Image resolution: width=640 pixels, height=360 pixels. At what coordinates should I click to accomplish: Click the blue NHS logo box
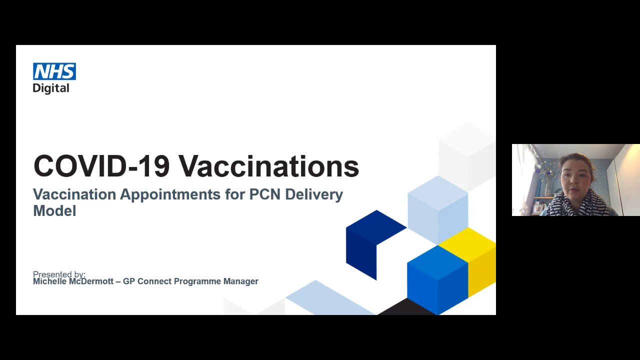pos(54,71)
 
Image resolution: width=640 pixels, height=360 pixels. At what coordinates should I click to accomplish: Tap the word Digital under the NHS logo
pos(50,88)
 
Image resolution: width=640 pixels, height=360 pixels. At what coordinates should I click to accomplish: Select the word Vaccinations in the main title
pos(268,166)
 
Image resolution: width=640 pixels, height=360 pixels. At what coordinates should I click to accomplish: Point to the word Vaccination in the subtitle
pos(74,194)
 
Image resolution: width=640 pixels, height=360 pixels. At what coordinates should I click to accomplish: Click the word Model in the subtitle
pos(54,211)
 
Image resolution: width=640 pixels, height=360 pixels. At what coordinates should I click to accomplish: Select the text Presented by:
pos(59,274)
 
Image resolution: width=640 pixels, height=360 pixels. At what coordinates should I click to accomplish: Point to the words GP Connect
pos(147,281)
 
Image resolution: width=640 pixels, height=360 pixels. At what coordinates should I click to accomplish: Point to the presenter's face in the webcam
pos(576,177)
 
